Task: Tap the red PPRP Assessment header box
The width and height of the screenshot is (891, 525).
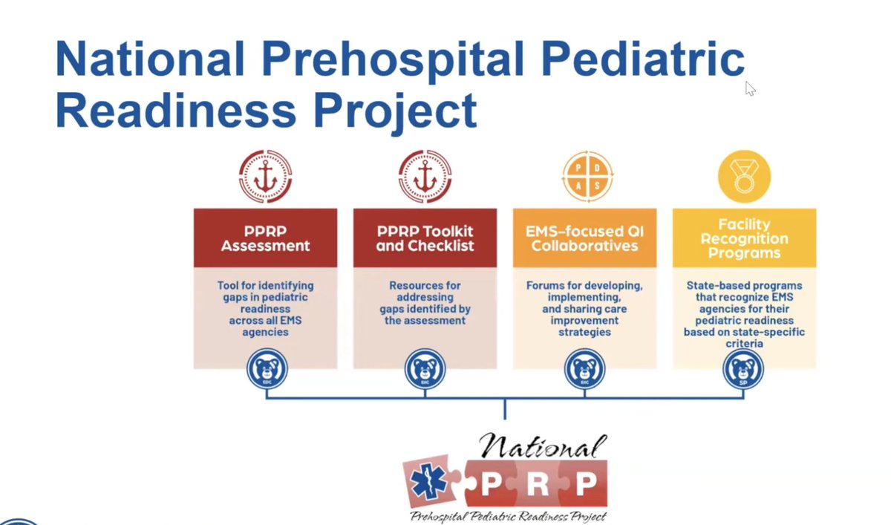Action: (x=265, y=238)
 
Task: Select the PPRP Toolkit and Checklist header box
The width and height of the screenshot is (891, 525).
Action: (x=425, y=238)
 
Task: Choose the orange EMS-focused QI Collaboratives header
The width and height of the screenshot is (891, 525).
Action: (x=584, y=238)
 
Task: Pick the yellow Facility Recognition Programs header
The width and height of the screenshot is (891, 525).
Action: (x=744, y=238)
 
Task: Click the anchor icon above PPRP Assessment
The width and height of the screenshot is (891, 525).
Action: (x=265, y=177)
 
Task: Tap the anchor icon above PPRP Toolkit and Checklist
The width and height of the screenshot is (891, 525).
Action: (x=425, y=177)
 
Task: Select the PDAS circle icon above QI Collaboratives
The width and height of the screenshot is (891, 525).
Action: (x=584, y=177)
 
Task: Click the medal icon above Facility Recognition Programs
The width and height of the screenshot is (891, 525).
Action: (x=744, y=177)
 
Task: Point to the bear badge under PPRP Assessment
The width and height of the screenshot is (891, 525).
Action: (x=266, y=370)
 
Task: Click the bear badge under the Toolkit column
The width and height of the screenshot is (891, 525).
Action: (x=425, y=370)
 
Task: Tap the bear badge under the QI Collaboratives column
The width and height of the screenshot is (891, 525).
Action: (x=584, y=370)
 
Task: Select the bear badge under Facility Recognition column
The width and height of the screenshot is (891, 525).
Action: (x=744, y=370)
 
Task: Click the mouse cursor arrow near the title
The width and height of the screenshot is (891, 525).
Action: (x=750, y=88)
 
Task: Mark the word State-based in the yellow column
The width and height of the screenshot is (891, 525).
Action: (x=715, y=285)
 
